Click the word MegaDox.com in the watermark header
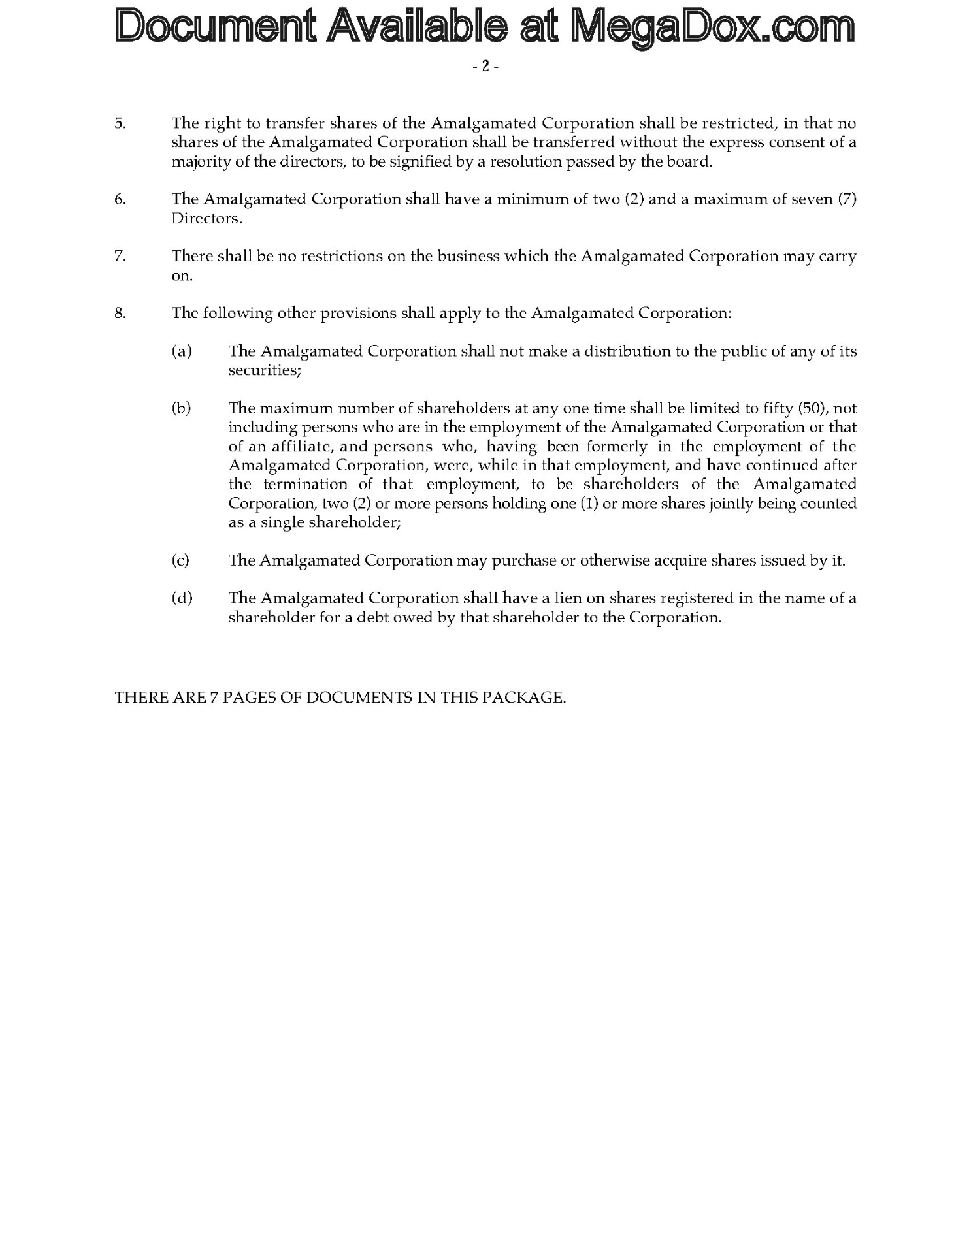point(712,27)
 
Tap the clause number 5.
point(120,123)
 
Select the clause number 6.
point(120,199)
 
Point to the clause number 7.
point(120,256)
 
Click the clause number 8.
point(120,313)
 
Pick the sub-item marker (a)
point(182,351)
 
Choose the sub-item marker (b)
point(182,408)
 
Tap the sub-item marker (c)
point(180,560)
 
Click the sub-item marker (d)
point(182,598)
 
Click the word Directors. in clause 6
point(206,218)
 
